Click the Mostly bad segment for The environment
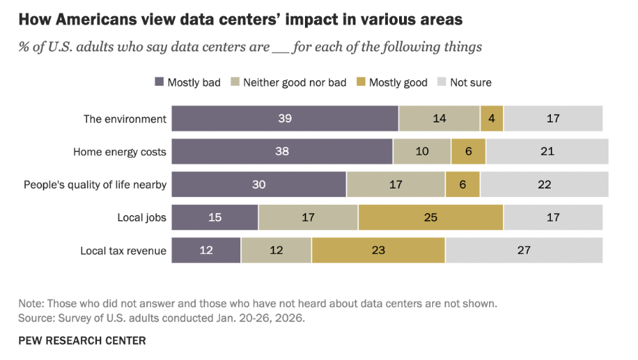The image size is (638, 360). click(x=285, y=118)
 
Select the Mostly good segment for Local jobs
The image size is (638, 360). click(x=430, y=217)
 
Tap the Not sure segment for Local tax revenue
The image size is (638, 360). click(x=523, y=250)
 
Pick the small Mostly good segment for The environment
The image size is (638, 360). click(x=492, y=118)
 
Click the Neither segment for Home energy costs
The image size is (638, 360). click(x=422, y=151)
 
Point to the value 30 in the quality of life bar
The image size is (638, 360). click(x=259, y=184)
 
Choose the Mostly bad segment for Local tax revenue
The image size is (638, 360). click(x=206, y=250)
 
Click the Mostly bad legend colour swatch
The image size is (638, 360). click(x=159, y=82)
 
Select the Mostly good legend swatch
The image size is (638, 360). click(x=360, y=82)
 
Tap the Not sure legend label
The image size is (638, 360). click(x=471, y=82)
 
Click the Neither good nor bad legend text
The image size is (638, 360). click(x=294, y=82)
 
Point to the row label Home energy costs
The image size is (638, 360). click(x=119, y=151)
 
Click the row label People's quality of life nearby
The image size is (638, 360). click(x=95, y=184)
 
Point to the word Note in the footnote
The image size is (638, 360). click(x=32, y=304)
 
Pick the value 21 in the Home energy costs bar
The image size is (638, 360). click(x=547, y=151)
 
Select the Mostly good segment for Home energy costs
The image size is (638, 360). click(x=468, y=151)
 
